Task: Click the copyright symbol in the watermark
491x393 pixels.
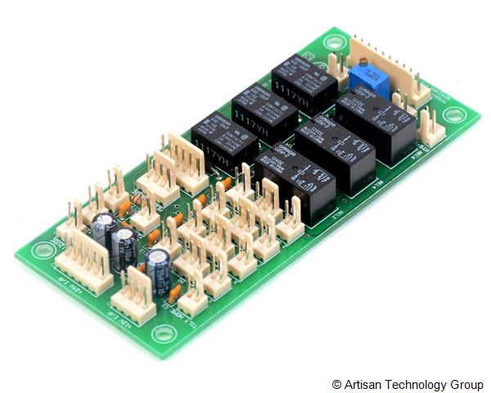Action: [336, 385]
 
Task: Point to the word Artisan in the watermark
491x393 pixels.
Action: [361, 385]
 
